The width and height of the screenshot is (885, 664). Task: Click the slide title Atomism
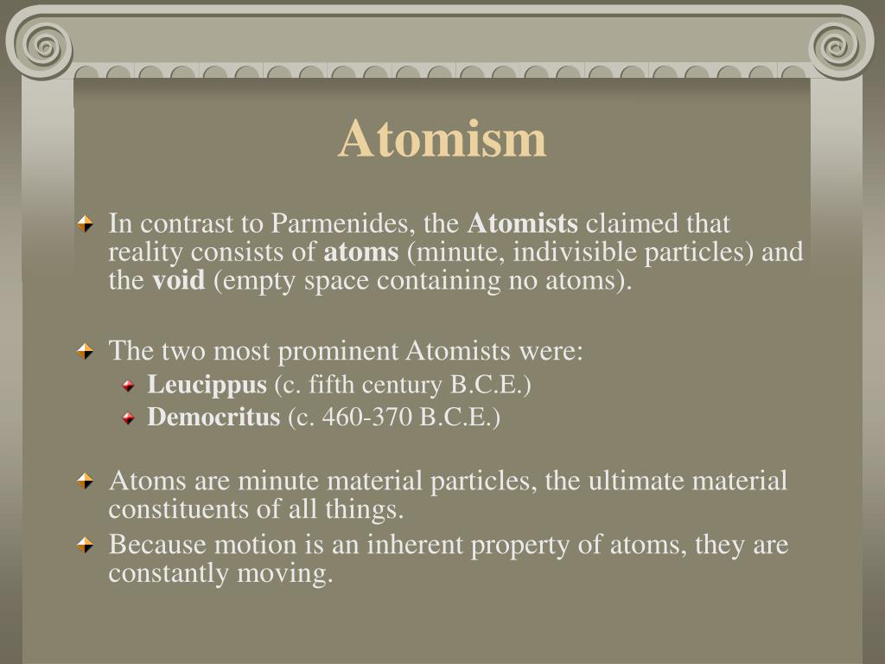[442, 139]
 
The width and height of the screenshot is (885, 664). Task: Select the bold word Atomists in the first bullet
[522, 224]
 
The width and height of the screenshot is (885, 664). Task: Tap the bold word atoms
[361, 252]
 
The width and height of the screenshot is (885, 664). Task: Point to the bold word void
[179, 281]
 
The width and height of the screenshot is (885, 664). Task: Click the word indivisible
[538, 252]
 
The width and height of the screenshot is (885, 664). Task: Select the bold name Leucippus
[207, 385]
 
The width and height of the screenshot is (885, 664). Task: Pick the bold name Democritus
[213, 418]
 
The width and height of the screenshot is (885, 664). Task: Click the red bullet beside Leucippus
[128, 386]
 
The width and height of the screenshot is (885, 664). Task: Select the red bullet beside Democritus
[128, 418]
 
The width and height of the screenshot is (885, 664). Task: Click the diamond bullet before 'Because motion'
[85, 546]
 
